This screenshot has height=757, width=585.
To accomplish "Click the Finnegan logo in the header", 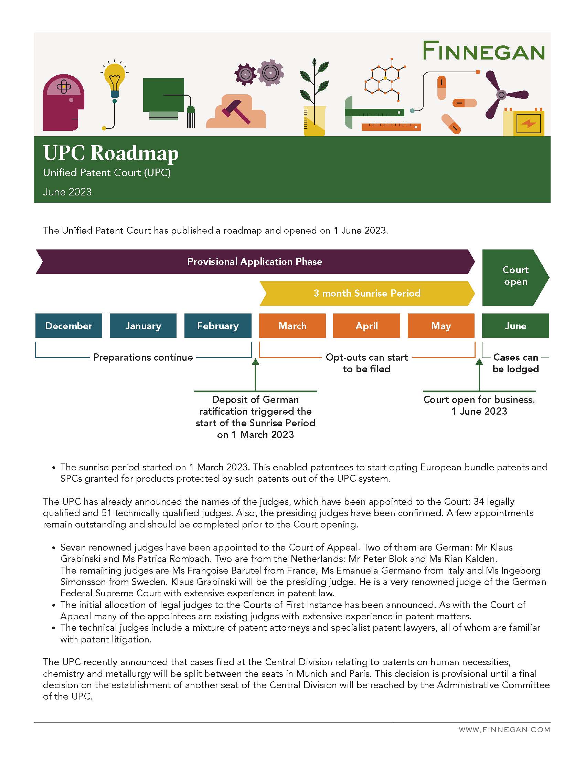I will pyautogui.click(x=483, y=51).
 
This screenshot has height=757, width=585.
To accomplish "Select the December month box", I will pyautogui.click(x=68, y=326).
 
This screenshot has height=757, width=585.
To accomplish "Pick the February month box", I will pyautogui.click(x=217, y=326).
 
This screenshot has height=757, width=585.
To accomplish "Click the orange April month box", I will pyautogui.click(x=366, y=326).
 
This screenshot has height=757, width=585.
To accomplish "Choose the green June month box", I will pyautogui.click(x=515, y=326).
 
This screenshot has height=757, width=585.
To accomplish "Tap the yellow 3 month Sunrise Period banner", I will pyautogui.click(x=367, y=293).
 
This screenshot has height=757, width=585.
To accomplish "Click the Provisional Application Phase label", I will pyautogui.click(x=255, y=262).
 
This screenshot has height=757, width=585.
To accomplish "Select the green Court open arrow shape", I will pyautogui.click(x=515, y=277).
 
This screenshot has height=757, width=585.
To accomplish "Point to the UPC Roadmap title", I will pyautogui.click(x=110, y=153).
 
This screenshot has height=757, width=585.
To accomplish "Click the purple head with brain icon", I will pyautogui.click(x=63, y=103).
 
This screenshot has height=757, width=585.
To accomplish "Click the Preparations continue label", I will pyautogui.click(x=143, y=358).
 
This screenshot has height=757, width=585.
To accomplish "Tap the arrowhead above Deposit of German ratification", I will pyautogui.click(x=255, y=362).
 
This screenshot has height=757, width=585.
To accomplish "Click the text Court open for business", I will pyautogui.click(x=479, y=399).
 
